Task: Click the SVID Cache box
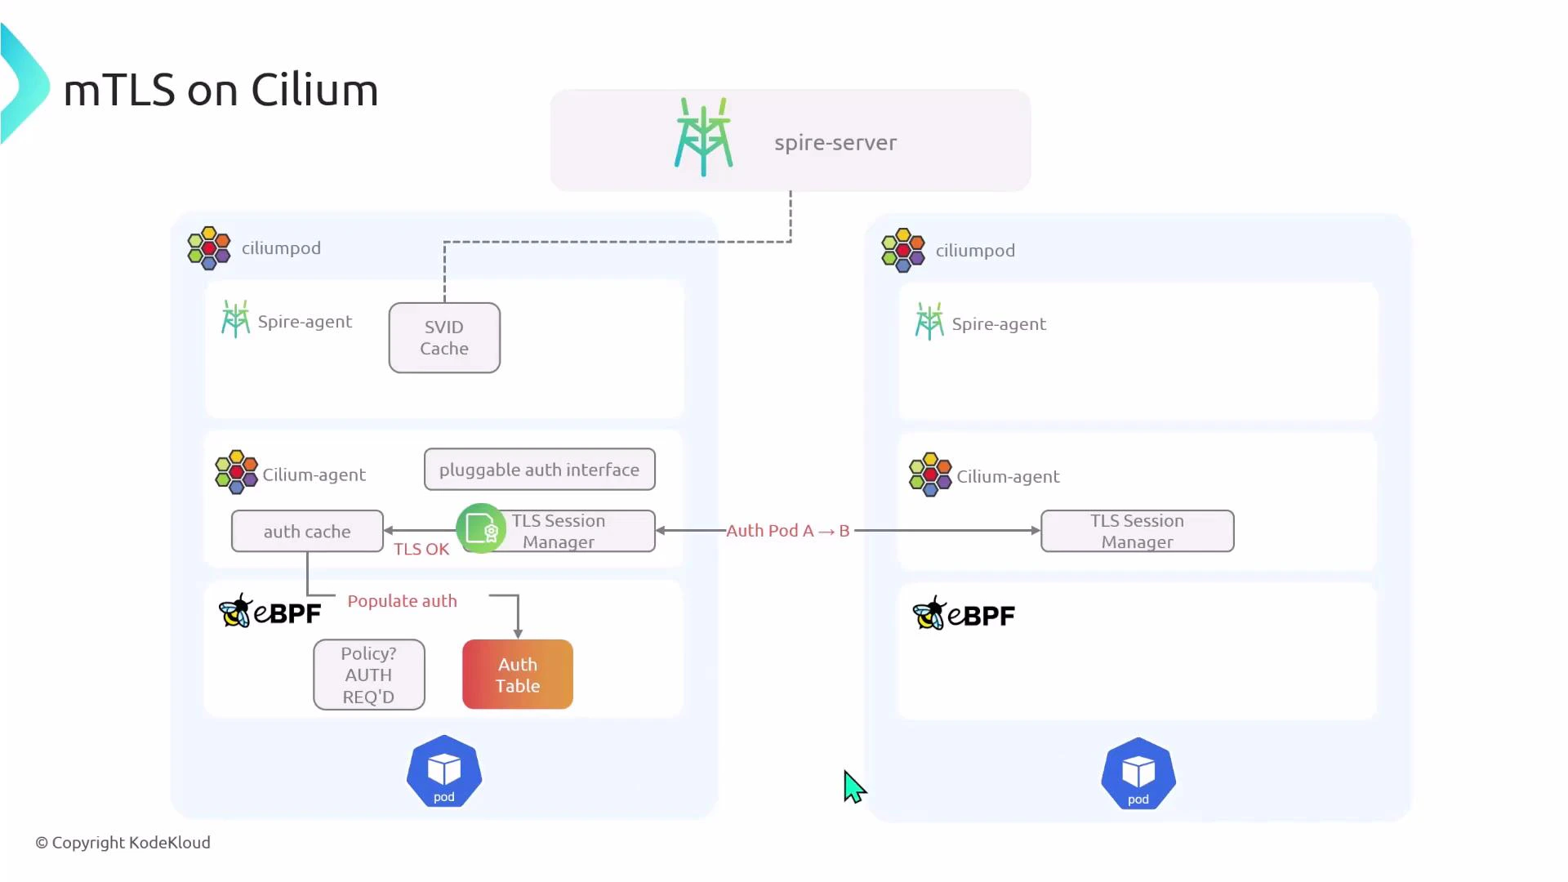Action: pos(444,338)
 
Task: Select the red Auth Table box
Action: pos(518,675)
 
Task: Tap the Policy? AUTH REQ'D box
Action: pos(369,675)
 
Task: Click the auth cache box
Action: pos(307,532)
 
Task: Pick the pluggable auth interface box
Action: pos(539,470)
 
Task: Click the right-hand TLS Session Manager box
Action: pos(1137,532)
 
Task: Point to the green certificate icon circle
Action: pos(480,529)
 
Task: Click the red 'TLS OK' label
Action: pos(421,550)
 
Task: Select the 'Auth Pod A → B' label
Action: pos(788,531)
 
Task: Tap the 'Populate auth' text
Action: pos(402,601)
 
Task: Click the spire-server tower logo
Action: pos(703,137)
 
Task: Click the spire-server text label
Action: pos(835,143)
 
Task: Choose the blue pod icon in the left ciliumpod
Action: pos(444,772)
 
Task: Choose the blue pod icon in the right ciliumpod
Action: pos(1138,774)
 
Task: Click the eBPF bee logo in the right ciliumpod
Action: pos(930,613)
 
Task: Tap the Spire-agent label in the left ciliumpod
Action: pos(305,322)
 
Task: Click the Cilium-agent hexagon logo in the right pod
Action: pos(930,474)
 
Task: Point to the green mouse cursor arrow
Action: pos(853,786)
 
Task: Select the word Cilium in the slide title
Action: pos(314,90)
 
